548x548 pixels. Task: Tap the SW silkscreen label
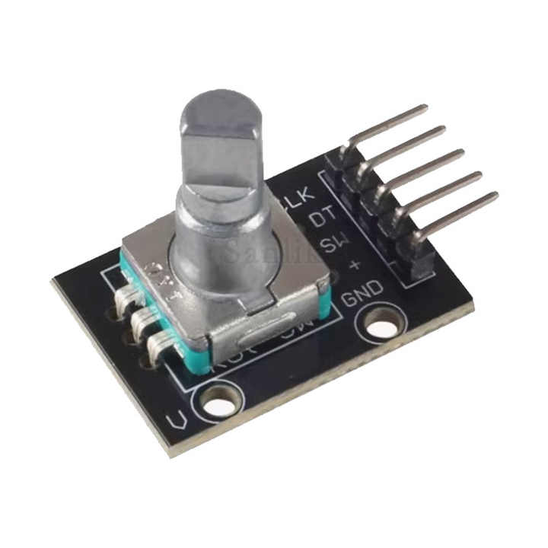334,244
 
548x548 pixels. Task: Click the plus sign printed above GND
353,267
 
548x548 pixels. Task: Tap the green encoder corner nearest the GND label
326,304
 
